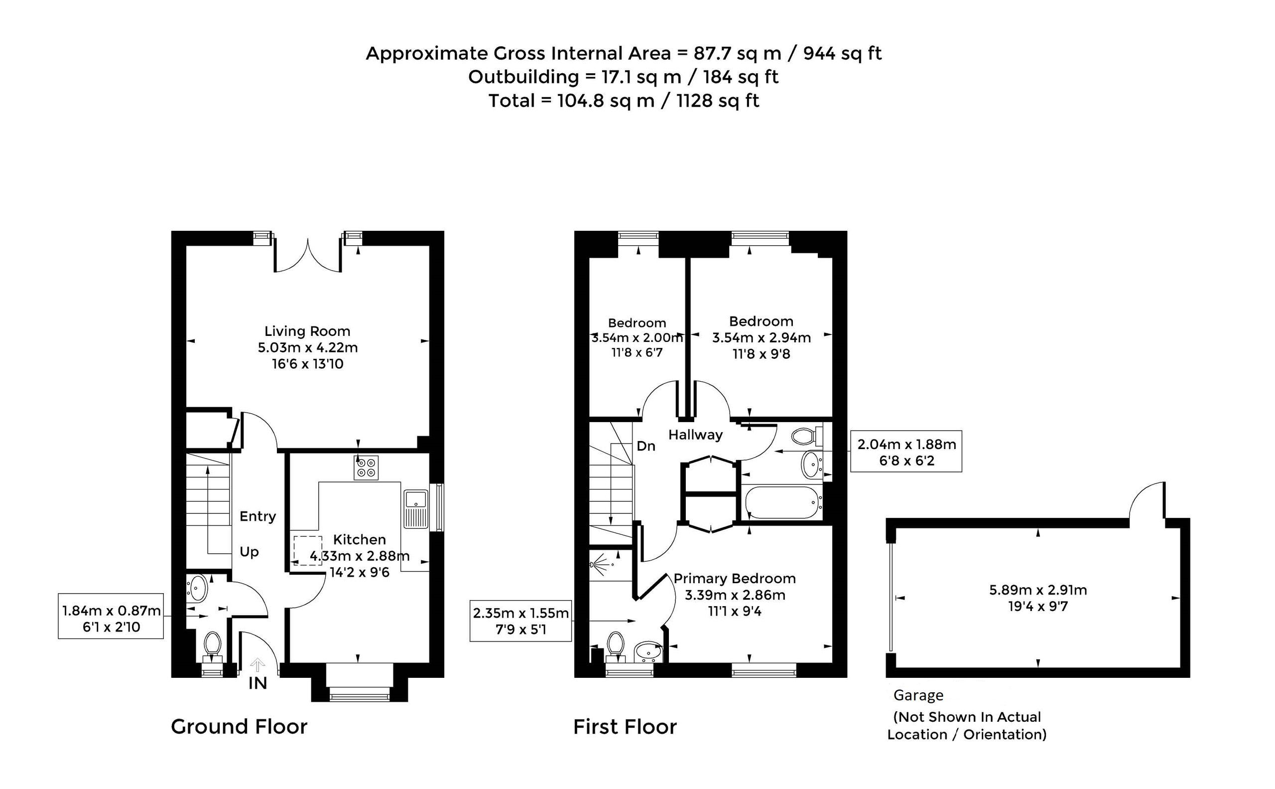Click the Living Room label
tap(307, 331)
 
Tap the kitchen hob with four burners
tap(366, 467)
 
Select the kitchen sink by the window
tap(415, 509)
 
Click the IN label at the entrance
tap(257, 683)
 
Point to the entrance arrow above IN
tap(257, 665)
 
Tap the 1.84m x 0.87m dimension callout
tap(111, 616)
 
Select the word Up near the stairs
tap(249, 552)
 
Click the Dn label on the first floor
tap(645, 446)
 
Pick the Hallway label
tap(695, 435)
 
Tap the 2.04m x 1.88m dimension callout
tap(906, 452)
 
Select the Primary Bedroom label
tap(734, 578)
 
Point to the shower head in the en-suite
tap(599, 565)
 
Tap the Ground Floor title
tap(239, 726)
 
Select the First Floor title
tap(625, 726)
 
